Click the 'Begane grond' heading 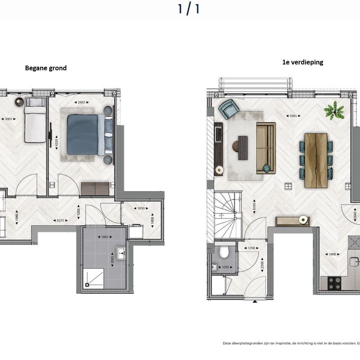[46, 68]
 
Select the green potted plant [333, 111]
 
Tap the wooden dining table [316, 160]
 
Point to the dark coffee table [242, 148]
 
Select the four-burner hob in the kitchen [333, 283]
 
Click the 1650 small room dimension [141, 209]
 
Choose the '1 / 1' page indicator [189, 9]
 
